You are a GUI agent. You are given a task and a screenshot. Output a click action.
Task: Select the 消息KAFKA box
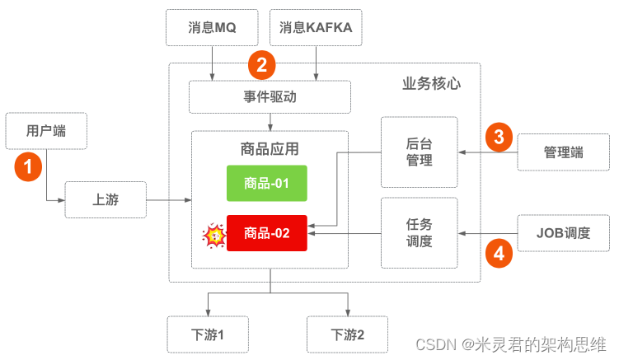[x=316, y=27]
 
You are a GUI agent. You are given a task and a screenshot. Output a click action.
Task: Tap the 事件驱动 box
[x=270, y=96]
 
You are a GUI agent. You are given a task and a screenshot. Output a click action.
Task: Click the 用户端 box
[x=45, y=131]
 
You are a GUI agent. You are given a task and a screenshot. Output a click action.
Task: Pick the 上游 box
[x=105, y=200]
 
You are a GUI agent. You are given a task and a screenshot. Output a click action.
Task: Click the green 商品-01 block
[x=266, y=183]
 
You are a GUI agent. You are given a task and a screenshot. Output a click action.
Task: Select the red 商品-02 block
[x=266, y=233]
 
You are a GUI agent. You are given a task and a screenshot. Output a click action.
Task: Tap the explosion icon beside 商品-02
[x=214, y=236]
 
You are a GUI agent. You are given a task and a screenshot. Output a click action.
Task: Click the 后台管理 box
[x=419, y=152]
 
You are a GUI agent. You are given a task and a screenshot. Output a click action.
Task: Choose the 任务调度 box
[x=419, y=232]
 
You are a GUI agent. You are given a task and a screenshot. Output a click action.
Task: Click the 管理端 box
[x=563, y=152]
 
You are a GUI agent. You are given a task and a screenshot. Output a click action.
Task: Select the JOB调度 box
[x=563, y=232]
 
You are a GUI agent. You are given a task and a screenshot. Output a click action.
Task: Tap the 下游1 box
[x=208, y=334]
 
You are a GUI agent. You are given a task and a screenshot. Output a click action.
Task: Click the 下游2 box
[x=347, y=334]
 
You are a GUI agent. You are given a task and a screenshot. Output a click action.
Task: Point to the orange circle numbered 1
[x=29, y=166]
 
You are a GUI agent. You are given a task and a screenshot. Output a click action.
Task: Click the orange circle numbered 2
[x=261, y=63]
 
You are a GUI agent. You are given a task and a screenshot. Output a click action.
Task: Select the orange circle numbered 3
[x=498, y=135]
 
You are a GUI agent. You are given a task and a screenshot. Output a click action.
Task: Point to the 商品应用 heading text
[x=270, y=148]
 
